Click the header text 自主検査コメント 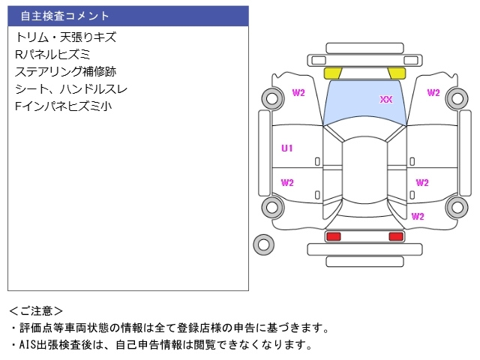[64, 16]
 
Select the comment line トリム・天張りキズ [65, 37]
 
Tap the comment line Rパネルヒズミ [52, 54]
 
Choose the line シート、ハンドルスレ [70, 88]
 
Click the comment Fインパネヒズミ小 [63, 106]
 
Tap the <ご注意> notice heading [36, 310]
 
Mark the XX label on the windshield [386, 99]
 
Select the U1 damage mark [286, 148]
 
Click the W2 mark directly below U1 [286, 182]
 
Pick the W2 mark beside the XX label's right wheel [433, 93]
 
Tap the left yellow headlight [332, 73]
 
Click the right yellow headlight [397, 73]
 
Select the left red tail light [333, 237]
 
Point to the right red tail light [395, 237]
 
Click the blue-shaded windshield [364, 105]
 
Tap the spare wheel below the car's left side [263, 243]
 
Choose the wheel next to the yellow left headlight [271, 97]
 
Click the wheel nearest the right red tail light [457, 208]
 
